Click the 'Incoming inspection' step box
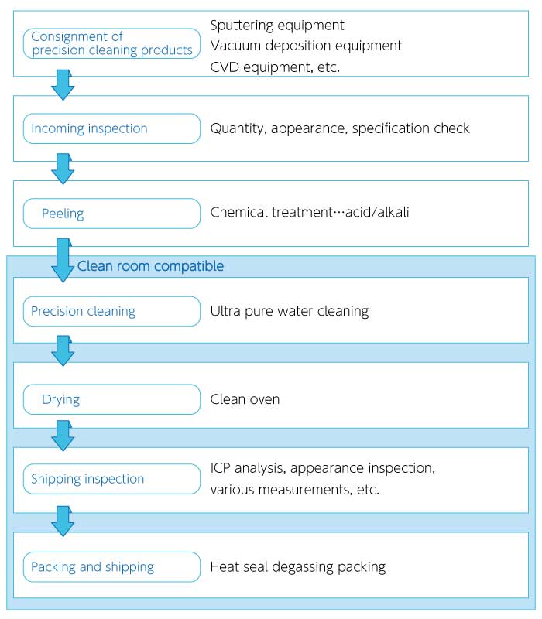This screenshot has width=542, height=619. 111,128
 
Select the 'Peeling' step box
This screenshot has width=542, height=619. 111,214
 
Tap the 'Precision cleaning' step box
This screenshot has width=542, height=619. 111,312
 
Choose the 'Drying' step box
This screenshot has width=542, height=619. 111,399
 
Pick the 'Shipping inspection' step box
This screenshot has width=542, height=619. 111,479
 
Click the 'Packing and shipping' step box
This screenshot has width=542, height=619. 111,567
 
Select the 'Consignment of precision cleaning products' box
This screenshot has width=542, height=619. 111,43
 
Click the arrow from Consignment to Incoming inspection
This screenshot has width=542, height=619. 63,85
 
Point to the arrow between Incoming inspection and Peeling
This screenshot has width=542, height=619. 63,169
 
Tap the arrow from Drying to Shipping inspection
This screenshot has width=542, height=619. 63,436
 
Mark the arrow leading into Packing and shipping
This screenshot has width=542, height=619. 63,521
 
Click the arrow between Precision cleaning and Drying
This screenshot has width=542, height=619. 63,351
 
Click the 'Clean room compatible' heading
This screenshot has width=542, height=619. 150,266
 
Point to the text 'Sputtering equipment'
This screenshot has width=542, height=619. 277,26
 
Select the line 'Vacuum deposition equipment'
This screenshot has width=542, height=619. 306,46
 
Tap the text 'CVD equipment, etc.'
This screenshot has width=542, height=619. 275,67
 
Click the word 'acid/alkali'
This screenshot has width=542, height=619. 377,212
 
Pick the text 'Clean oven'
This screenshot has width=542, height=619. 245,399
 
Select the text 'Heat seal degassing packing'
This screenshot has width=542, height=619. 298,567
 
